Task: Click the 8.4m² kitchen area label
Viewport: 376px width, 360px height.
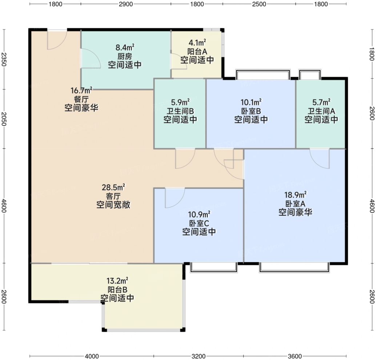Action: (125, 47)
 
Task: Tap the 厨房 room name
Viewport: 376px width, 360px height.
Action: (125, 56)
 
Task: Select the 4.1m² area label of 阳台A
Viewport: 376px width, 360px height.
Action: (197, 43)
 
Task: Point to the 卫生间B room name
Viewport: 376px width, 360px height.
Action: (180, 111)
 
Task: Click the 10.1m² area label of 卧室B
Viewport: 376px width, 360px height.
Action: (251, 102)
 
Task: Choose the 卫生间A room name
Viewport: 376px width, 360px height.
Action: (321, 111)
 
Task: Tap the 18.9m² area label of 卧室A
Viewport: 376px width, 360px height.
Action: (295, 195)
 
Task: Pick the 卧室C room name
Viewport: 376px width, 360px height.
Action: (199, 223)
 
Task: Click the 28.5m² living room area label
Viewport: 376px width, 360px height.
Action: (113, 187)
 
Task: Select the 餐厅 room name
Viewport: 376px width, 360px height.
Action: (81, 99)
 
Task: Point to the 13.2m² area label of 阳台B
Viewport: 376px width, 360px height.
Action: (117, 280)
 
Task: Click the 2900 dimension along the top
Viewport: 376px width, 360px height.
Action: (126, 4)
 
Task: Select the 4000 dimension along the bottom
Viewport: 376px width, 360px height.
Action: (92, 356)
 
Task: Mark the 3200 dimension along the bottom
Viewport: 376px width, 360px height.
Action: (199, 356)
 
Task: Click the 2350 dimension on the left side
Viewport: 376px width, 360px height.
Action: (4, 59)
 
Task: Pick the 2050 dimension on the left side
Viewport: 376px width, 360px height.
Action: (4, 119)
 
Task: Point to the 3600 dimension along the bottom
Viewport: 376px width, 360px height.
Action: (295, 356)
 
